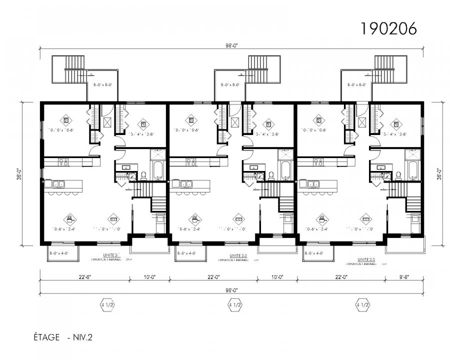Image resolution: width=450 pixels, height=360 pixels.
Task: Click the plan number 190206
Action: point(388,28)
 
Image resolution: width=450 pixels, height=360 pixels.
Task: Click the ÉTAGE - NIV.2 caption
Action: point(59,337)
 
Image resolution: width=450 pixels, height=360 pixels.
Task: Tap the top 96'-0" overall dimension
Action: point(231,45)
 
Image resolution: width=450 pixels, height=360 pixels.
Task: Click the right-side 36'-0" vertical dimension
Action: point(438,173)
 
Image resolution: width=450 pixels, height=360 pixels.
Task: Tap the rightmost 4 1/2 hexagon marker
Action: point(362,304)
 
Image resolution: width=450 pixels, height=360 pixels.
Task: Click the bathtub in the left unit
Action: point(158,170)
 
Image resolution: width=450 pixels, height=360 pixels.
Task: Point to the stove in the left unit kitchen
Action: point(63,161)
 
